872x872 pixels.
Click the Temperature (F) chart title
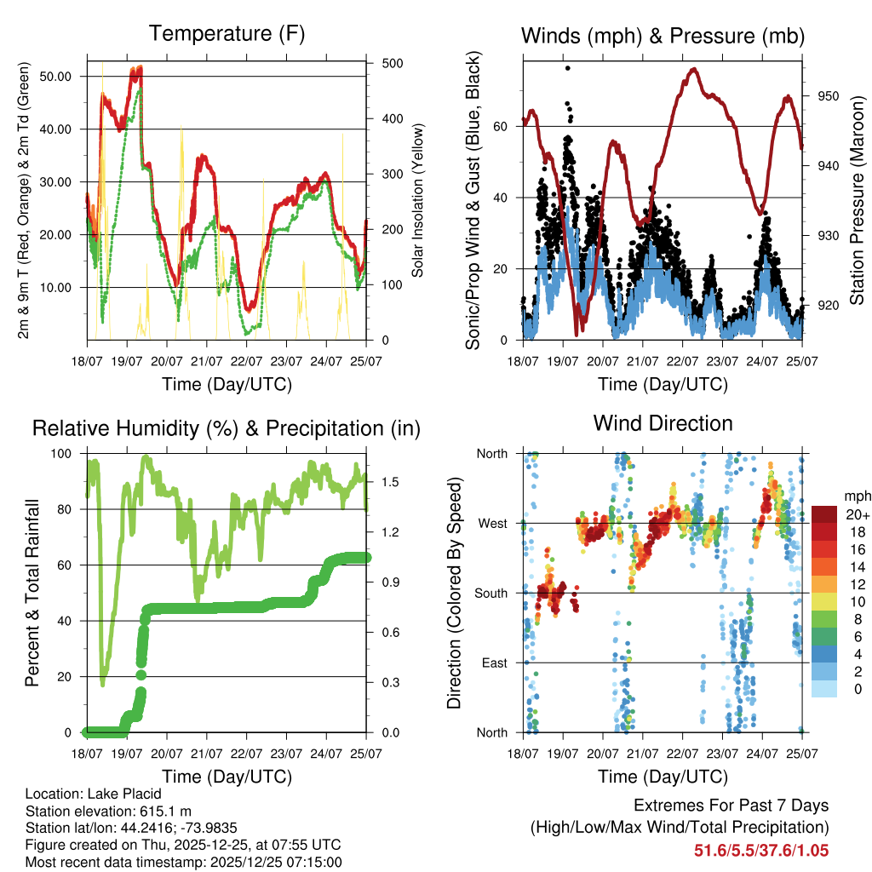pyautogui.click(x=227, y=34)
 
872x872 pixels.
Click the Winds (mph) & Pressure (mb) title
pyautogui.click(x=663, y=36)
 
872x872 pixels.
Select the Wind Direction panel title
pyautogui.click(x=663, y=423)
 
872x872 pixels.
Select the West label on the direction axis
pyautogui.click(x=491, y=523)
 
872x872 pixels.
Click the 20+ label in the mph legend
pyautogui.click(x=856, y=515)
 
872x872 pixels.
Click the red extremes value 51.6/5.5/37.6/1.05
pyautogui.click(x=762, y=850)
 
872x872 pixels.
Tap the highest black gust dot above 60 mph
pyautogui.click(x=567, y=68)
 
